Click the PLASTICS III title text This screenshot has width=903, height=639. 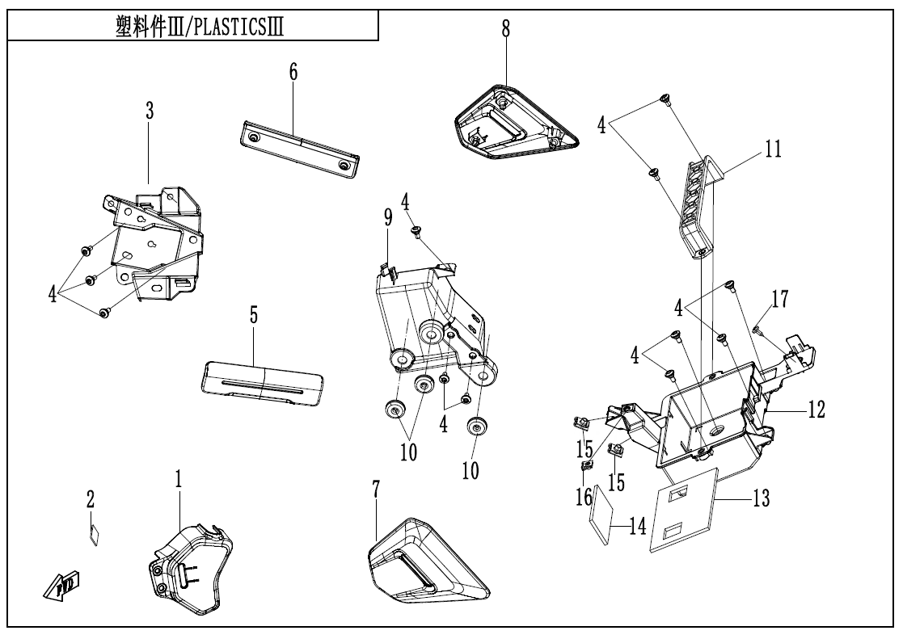click(195, 26)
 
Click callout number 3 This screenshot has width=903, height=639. click(150, 111)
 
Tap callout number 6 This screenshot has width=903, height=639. click(293, 72)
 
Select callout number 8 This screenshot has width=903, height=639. click(506, 29)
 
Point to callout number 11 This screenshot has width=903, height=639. click(773, 151)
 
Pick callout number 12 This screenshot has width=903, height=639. click(815, 410)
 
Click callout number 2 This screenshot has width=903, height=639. click(91, 501)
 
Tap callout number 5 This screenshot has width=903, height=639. click(254, 316)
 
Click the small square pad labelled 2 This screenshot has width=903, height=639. click(94, 536)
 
